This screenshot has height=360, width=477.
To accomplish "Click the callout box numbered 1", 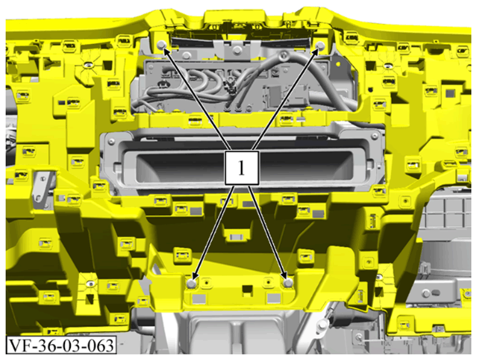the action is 241,167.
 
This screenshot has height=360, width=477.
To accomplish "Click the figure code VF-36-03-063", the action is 61,345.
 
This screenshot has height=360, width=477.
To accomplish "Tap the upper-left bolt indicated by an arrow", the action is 161,46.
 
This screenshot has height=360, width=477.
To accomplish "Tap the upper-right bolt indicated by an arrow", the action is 321,46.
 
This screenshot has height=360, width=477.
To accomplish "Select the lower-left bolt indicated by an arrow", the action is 192,283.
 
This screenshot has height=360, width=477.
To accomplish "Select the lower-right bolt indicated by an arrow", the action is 288,283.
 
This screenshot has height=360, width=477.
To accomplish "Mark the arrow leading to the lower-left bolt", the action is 214,233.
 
